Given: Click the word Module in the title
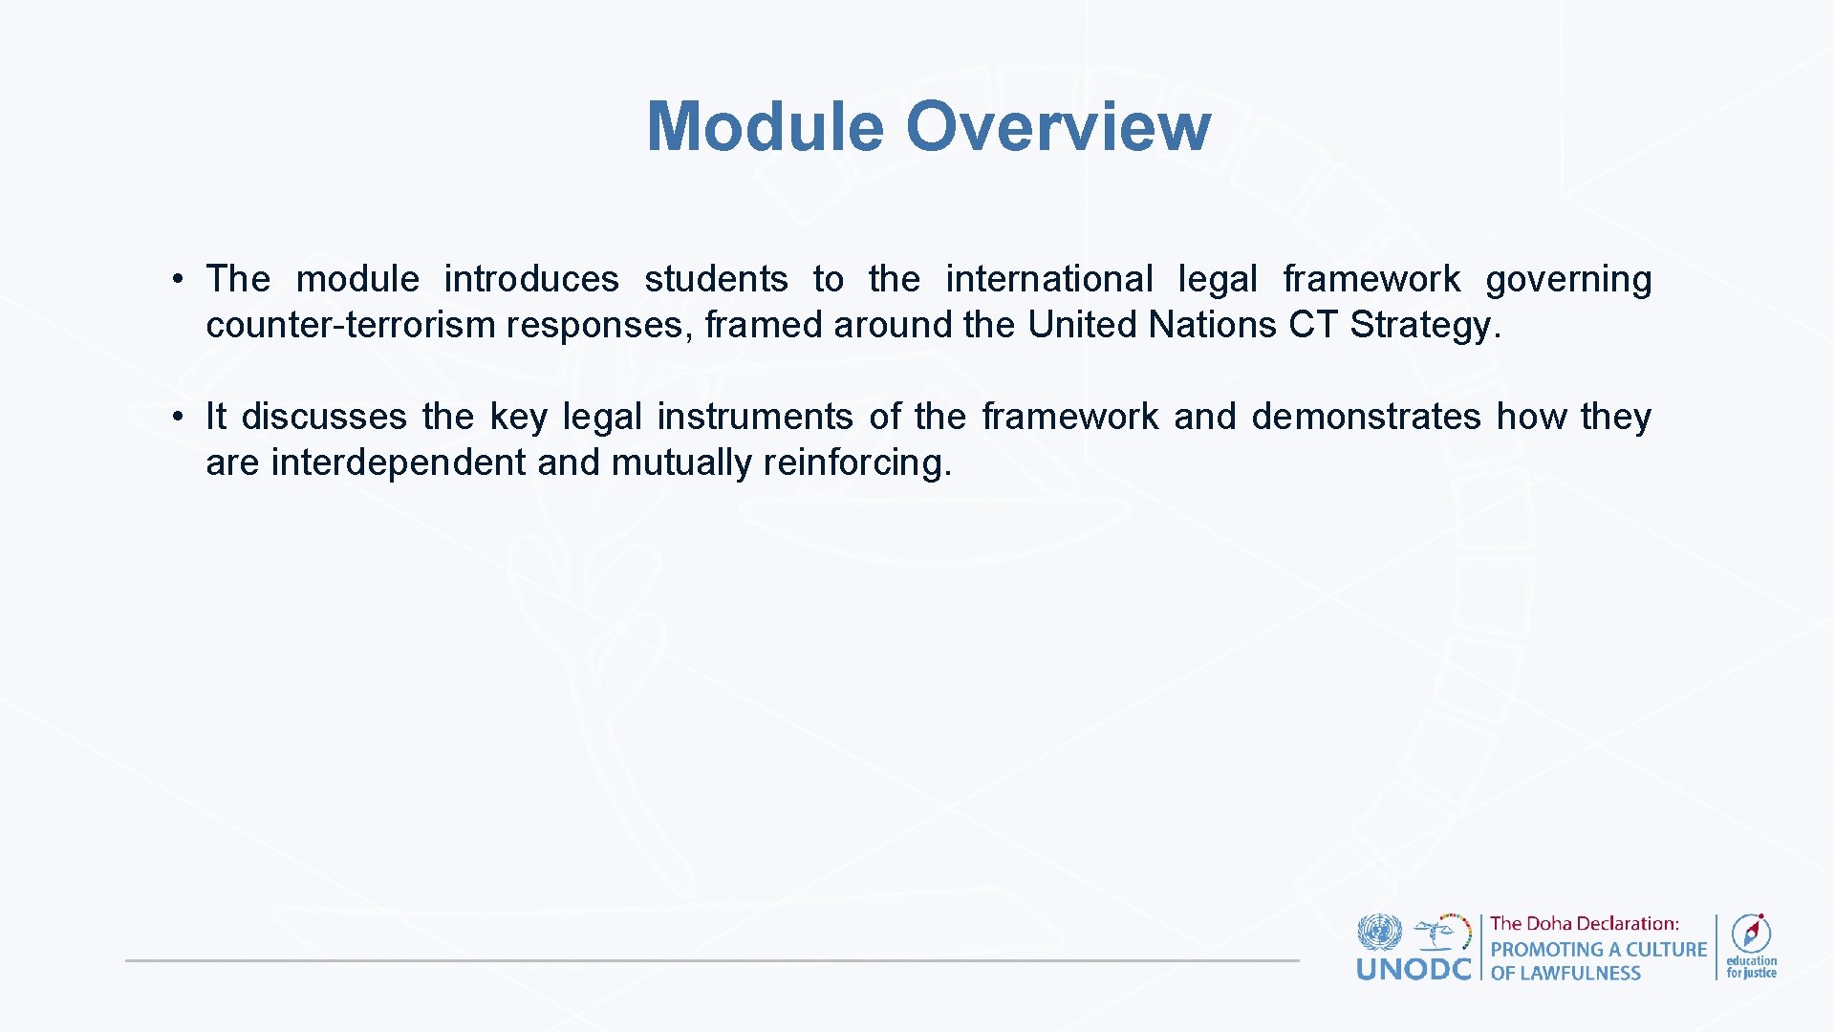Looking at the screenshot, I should (765, 126).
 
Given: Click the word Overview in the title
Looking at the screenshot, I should (1058, 126).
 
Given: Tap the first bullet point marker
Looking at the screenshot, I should (178, 280).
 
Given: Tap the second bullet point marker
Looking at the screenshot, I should (178, 418).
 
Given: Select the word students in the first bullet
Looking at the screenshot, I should (716, 279).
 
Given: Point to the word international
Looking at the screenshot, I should (1048, 279).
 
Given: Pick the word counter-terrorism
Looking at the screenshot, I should (350, 325).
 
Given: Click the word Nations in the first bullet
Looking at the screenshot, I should (1212, 325).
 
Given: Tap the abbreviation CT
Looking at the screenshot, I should (1312, 325).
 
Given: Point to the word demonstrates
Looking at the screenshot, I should (1365, 417).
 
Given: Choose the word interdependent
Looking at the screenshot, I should (399, 462).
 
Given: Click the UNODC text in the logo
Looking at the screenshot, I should (1414, 970).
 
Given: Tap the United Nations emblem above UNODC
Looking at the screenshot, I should (1379, 931).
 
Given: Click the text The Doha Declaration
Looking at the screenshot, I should (1584, 923).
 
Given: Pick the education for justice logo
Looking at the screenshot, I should (1751, 946).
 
